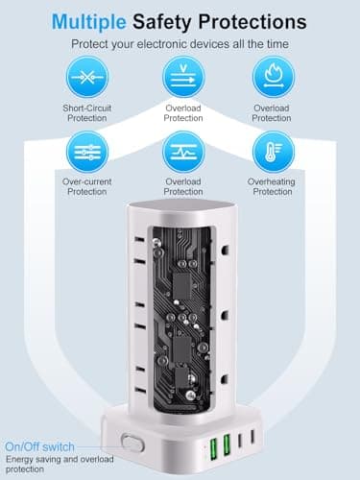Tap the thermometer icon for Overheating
[x=272, y=151]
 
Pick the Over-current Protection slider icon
[x=88, y=151]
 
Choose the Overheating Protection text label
[x=272, y=185]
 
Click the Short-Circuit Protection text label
[x=88, y=111]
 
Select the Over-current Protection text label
[x=88, y=185]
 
